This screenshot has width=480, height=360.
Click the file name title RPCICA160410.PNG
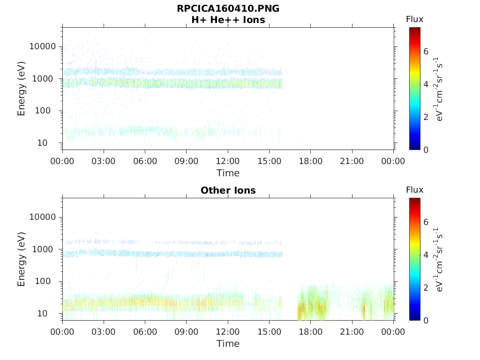click(x=228, y=8)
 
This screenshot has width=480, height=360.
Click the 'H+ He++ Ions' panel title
click(x=228, y=20)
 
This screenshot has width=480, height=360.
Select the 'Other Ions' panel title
click(x=228, y=190)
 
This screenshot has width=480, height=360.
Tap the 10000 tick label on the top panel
click(x=43, y=46)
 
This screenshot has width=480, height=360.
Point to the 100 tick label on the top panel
click(x=49, y=111)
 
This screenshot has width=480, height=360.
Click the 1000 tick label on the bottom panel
click(x=46, y=249)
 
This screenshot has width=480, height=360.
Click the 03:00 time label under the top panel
click(x=104, y=161)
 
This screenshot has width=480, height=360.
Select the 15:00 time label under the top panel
click(x=269, y=161)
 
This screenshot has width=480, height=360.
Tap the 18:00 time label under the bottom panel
click(x=310, y=332)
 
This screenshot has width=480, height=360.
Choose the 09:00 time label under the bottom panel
click(x=187, y=332)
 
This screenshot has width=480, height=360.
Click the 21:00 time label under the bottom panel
click(x=352, y=332)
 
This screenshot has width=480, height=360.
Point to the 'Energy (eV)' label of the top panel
click(x=22, y=89)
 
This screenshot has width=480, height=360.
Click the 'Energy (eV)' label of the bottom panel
click(x=22, y=259)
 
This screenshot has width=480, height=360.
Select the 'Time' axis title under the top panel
click(x=228, y=173)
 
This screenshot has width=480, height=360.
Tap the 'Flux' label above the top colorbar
click(x=414, y=19)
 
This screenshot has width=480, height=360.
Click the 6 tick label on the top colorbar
click(x=426, y=52)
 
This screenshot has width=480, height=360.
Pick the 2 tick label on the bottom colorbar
click(x=426, y=288)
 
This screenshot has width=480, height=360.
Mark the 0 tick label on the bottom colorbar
click(x=426, y=320)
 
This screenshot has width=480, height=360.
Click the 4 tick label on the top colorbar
click(x=426, y=84)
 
